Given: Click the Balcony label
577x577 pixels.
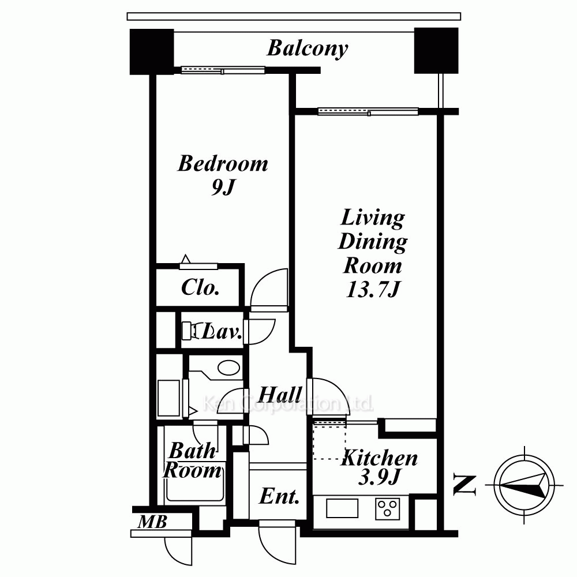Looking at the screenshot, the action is coord(308,48).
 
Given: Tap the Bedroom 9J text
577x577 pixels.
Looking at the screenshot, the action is coord(223,175).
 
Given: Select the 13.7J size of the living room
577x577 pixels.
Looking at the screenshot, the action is coord(372,290).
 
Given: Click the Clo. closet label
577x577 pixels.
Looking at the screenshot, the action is coord(200,287).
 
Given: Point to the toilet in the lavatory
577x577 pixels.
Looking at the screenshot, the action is coord(192,331).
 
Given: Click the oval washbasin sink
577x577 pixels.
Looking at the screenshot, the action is coord(229,368).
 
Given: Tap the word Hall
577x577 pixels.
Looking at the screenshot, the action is coord(280,395).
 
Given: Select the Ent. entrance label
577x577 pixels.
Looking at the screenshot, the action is coord(279,496).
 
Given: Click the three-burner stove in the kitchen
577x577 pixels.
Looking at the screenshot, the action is coord(388,508).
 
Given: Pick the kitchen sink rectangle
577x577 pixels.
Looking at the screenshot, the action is coord(342,508).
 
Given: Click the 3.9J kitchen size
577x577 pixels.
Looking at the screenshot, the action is coord(379,478).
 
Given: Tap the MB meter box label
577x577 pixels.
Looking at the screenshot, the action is coord(152,522).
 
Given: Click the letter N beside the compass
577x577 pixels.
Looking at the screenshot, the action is coord(464,485).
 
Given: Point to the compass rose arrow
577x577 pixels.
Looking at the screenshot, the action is coord(524,485).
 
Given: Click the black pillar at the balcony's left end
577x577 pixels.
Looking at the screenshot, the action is coord(151,51).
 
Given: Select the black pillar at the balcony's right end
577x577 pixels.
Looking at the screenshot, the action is coord(436,50).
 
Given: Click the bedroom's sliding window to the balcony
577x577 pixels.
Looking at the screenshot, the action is coord(223,70).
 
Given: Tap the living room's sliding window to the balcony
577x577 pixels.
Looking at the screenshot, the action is coord(368,111).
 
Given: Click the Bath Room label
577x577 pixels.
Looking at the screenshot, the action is coord(193,460).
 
